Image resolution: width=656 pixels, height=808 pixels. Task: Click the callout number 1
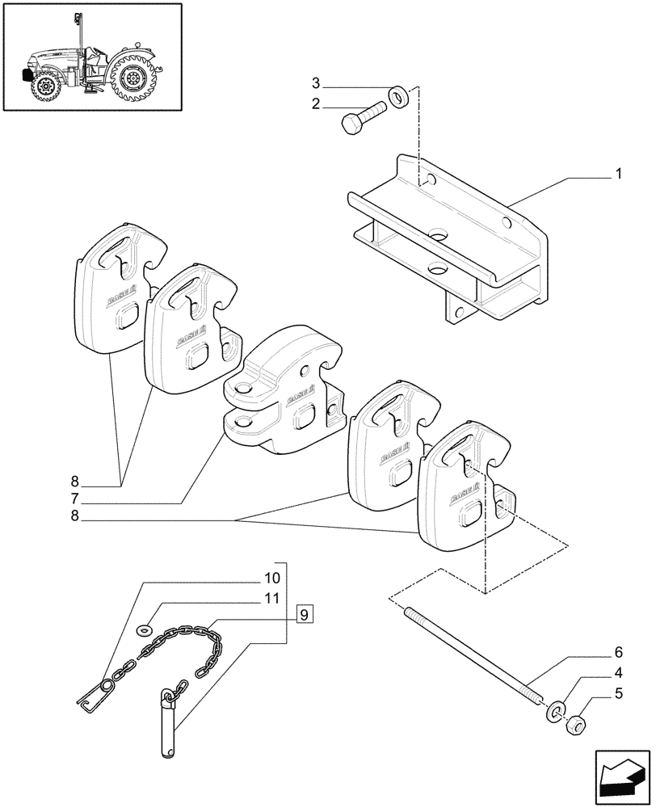pos(618,173)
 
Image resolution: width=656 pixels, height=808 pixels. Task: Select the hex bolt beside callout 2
pos(361,119)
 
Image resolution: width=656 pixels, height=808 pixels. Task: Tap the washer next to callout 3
pos(397,97)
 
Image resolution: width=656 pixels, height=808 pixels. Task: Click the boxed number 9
pos(303,615)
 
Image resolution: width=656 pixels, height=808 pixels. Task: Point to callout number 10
pos(271,579)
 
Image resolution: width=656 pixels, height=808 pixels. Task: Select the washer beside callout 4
pos(555,711)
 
